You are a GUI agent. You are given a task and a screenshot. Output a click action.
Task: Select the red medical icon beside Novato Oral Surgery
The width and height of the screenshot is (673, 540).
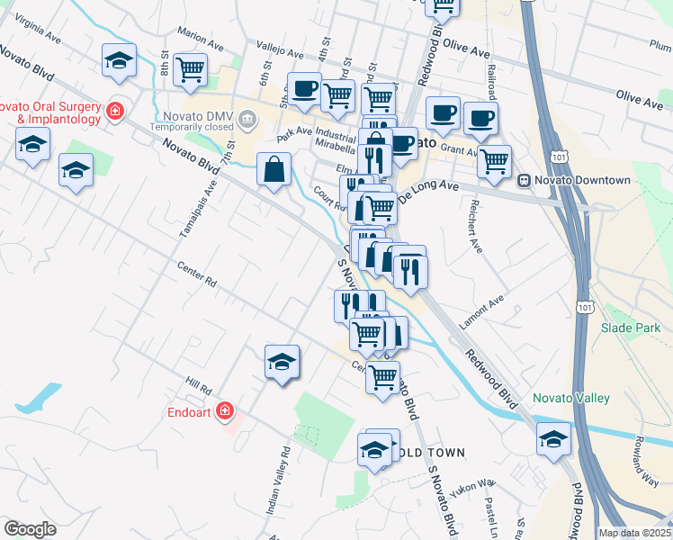point(115,112)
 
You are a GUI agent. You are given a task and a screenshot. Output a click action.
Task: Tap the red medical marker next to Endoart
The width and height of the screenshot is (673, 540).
point(224,413)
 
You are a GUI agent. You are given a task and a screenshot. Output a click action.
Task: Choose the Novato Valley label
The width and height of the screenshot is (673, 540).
point(570,398)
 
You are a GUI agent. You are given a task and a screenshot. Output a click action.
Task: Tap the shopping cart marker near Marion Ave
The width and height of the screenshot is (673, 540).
point(190,70)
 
